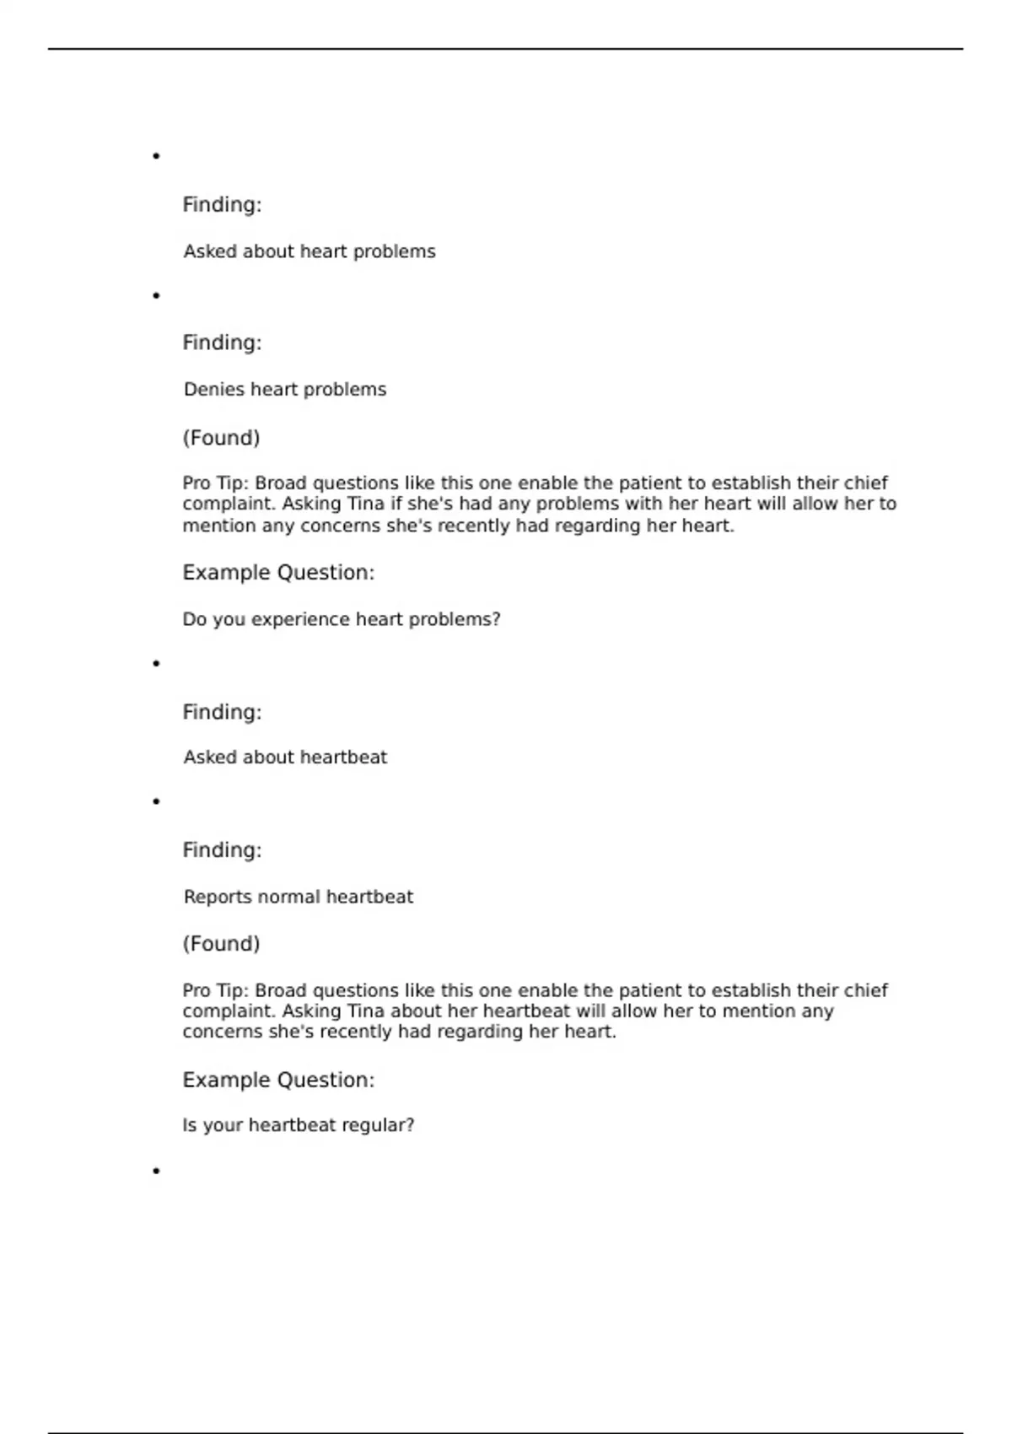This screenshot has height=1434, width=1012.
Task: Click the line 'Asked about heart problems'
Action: click(310, 251)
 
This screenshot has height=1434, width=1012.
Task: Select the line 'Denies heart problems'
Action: click(285, 390)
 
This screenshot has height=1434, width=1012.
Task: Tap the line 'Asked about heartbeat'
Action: click(285, 757)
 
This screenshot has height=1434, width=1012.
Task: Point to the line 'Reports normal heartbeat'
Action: click(299, 897)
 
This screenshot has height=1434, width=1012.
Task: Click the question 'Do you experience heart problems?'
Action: click(342, 619)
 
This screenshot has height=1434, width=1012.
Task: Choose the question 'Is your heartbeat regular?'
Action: click(299, 1125)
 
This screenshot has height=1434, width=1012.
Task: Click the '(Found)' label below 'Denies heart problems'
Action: click(221, 438)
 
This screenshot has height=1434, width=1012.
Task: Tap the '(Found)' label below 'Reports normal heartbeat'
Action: click(221, 943)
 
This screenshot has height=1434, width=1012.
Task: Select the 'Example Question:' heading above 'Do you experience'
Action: click(278, 573)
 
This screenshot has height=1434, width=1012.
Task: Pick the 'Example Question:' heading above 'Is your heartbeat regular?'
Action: click(278, 1080)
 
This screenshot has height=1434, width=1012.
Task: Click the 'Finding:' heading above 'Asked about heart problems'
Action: click(222, 205)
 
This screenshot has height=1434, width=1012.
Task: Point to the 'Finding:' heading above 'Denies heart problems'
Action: click(222, 342)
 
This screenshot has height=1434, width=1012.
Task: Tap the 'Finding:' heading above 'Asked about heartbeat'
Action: click(222, 712)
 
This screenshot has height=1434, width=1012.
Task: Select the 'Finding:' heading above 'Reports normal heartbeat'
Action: click(222, 849)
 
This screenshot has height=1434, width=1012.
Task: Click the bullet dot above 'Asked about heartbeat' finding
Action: click(156, 664)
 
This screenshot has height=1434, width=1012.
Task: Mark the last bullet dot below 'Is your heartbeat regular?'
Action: click(156, 1171)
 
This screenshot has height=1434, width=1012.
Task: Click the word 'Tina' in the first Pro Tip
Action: click(366, 504)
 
